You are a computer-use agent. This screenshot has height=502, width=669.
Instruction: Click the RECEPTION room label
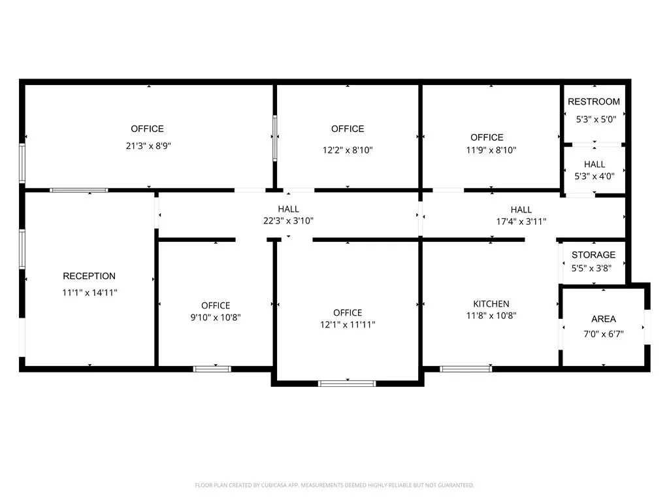89,276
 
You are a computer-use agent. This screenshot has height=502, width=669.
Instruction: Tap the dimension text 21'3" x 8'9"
149,146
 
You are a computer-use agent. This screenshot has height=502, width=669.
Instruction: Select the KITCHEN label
491,304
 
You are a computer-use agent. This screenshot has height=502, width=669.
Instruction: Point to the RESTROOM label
594,102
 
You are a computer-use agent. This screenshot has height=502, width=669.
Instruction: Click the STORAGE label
593,255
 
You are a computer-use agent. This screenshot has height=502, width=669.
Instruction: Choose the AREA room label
604,319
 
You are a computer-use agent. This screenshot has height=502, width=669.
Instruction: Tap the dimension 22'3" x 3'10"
288,221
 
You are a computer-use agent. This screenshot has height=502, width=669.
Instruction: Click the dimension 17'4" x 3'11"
521,222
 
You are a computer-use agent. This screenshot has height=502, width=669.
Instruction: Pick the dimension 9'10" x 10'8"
216,318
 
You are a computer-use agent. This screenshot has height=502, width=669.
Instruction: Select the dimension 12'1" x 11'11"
347,324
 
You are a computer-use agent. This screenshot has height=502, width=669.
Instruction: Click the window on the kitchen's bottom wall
466,369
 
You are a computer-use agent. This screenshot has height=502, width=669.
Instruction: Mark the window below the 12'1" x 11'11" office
347,383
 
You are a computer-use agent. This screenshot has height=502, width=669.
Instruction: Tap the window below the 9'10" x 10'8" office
212,369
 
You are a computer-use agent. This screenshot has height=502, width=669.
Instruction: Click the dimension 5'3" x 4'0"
595,176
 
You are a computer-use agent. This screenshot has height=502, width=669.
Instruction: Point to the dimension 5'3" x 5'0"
596,120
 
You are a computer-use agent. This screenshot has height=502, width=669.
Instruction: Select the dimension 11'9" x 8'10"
487,150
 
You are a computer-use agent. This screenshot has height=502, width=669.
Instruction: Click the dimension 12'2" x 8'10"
348,150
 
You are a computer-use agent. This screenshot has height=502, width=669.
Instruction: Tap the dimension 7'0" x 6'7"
604,333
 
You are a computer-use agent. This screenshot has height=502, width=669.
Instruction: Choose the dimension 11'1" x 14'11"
90,293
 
